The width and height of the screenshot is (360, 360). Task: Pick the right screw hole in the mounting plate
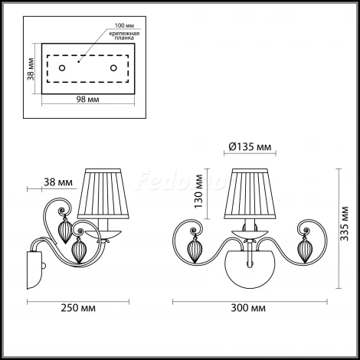(x=114, y=70)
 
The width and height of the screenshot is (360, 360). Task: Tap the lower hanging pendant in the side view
(x=77, y=250)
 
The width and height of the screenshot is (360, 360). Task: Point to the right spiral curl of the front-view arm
(x=304, y=227)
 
